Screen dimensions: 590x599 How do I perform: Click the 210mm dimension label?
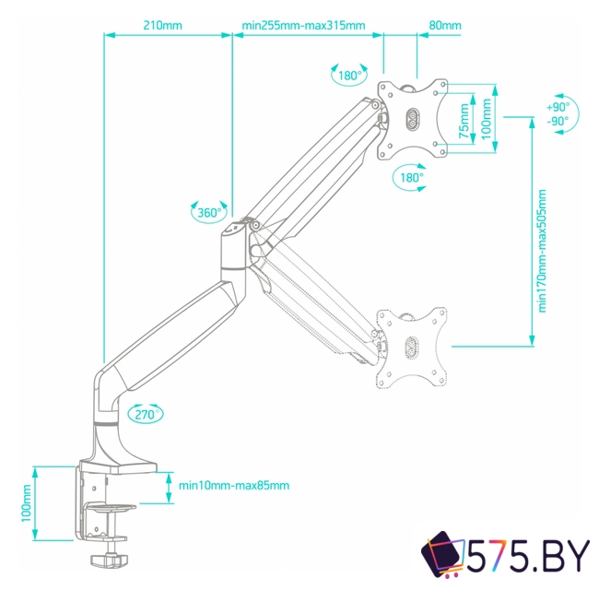163,25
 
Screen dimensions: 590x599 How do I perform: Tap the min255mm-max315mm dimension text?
303,25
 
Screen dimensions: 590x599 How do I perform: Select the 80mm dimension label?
445,25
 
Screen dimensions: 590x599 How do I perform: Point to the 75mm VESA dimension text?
464,117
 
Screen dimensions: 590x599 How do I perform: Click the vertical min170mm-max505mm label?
543,251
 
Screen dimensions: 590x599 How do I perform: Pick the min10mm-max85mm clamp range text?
234,486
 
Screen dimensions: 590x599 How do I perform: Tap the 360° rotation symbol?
209,213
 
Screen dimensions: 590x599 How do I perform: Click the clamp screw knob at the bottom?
111,559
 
